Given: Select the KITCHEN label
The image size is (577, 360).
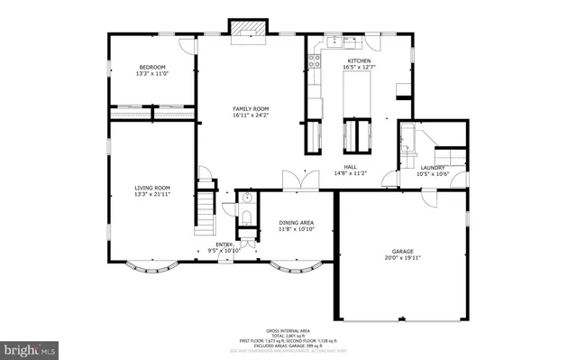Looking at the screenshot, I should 359,63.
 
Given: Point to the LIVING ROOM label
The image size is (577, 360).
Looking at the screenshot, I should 152,191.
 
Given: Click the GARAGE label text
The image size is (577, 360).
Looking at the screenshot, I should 402,254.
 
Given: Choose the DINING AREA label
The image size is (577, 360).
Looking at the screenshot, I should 296,226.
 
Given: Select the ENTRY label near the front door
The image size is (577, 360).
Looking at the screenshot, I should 224,245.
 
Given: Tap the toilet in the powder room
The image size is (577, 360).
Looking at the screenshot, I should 247,217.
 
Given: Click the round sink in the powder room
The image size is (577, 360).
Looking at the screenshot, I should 246,196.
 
